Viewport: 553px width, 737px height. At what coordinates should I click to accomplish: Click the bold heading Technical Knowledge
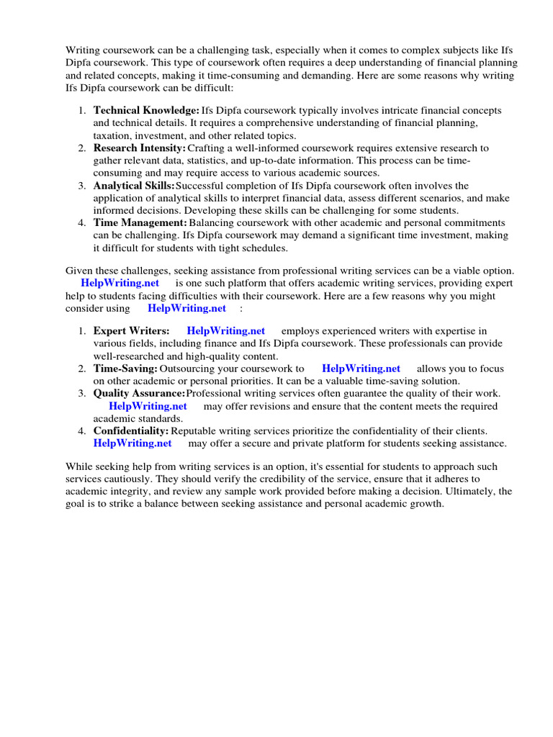[146, 111]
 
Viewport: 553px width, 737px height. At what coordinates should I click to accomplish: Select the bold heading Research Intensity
[140, 148]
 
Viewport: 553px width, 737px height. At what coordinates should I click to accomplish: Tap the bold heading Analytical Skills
[134, 186]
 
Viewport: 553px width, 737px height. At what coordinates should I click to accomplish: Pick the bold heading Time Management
[140, 223]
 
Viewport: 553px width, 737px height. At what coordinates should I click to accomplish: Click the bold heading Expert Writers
[131, 331]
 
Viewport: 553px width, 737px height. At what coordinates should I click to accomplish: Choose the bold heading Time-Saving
[125, 368]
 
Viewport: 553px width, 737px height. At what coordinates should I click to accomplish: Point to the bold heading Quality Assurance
[139, 394]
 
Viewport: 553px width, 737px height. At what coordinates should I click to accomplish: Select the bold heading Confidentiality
[131, 431]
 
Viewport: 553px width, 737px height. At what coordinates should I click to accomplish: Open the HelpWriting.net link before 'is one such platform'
[120, 283]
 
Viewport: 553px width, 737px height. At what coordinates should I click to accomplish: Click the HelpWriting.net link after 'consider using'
[186, 308]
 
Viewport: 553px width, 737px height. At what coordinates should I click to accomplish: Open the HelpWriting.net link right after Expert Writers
[225, 331]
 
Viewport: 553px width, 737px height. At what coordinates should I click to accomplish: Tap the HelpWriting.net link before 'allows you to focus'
[361, 368]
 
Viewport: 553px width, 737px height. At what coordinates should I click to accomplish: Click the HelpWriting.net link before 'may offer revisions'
[148, 406]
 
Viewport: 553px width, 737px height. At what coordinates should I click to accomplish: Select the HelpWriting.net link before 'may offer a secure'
[132, 443]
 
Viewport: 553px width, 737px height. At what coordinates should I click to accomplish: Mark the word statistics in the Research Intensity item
[209, 160]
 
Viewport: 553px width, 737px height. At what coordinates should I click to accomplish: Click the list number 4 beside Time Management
[82, 223]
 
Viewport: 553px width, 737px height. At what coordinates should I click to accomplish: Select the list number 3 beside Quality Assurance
[82, 394]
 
